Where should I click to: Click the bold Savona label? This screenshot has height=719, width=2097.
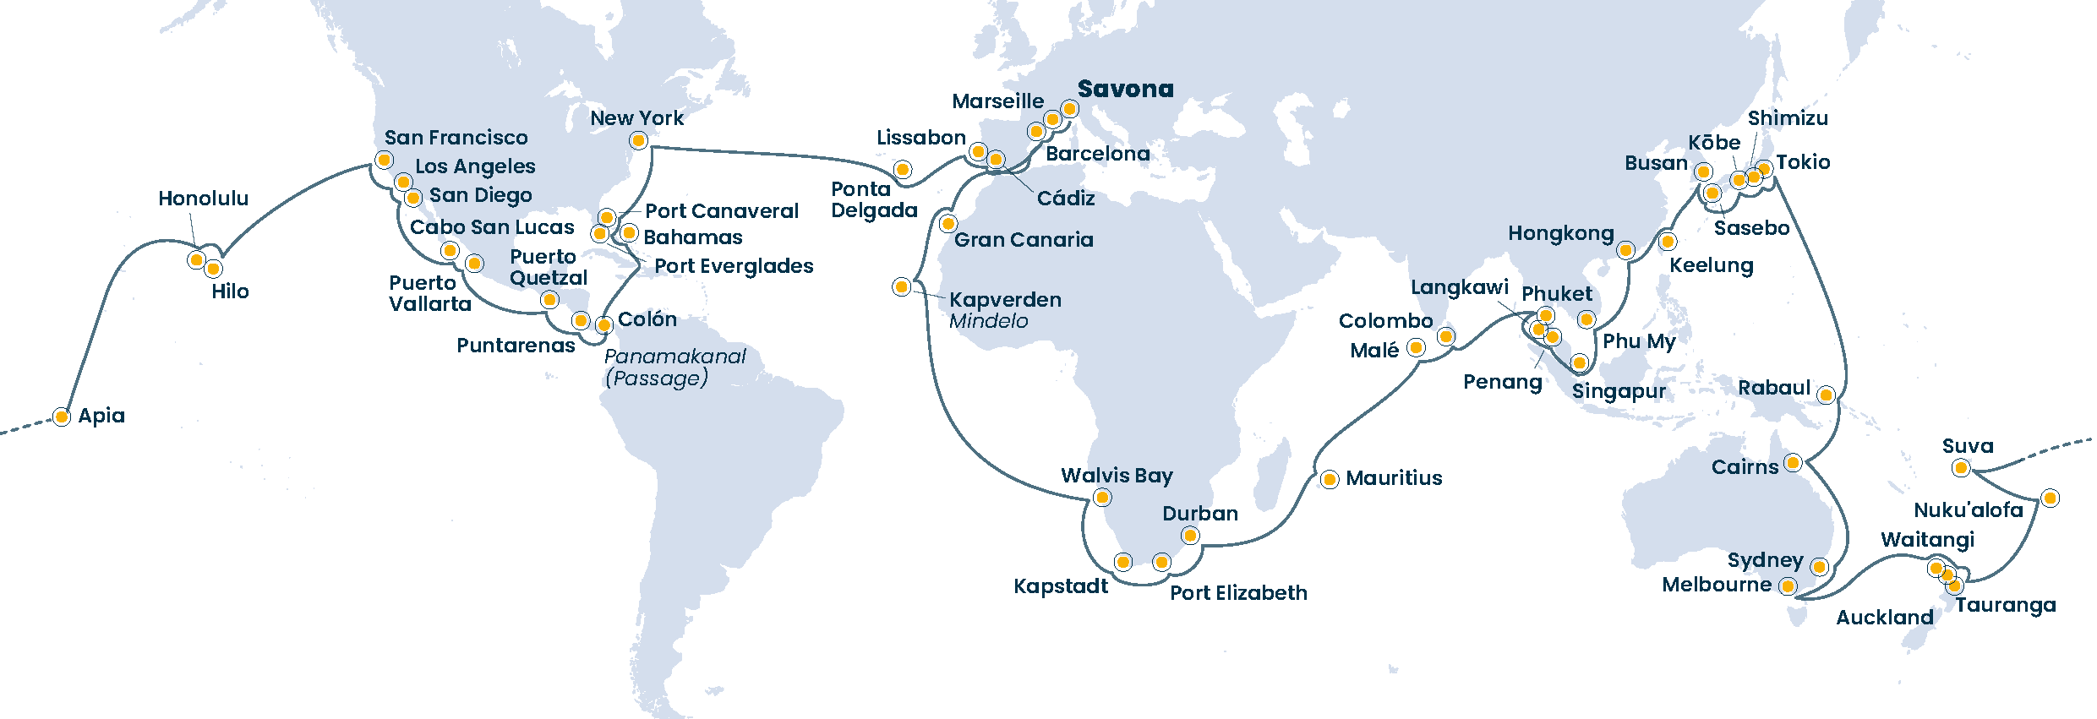1125,89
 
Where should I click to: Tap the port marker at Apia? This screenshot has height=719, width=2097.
62,417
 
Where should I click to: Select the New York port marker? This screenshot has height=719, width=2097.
639,140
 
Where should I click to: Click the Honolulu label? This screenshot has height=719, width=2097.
204,199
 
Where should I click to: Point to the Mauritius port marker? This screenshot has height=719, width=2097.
1330,480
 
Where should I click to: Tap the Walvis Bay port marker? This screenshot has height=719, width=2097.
1102,498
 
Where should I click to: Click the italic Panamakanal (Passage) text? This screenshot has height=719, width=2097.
674,368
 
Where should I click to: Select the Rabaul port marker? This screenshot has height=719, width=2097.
1827,395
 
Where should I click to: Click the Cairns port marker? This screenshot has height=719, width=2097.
1793,463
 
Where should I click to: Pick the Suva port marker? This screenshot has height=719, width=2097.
1962,468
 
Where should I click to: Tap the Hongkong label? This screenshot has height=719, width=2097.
1561,233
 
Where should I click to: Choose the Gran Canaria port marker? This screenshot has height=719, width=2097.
948,225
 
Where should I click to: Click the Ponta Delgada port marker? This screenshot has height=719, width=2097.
903,170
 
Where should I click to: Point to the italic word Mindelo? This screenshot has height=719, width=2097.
988,321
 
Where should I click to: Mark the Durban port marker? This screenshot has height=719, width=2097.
1190,536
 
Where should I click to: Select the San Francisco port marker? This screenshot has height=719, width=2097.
385,161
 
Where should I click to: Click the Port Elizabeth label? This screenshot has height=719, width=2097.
1238,593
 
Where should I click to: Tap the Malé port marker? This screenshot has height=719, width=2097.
1417,347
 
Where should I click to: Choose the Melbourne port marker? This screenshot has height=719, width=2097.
1788,586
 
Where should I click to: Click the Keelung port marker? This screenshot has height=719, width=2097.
1668,242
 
